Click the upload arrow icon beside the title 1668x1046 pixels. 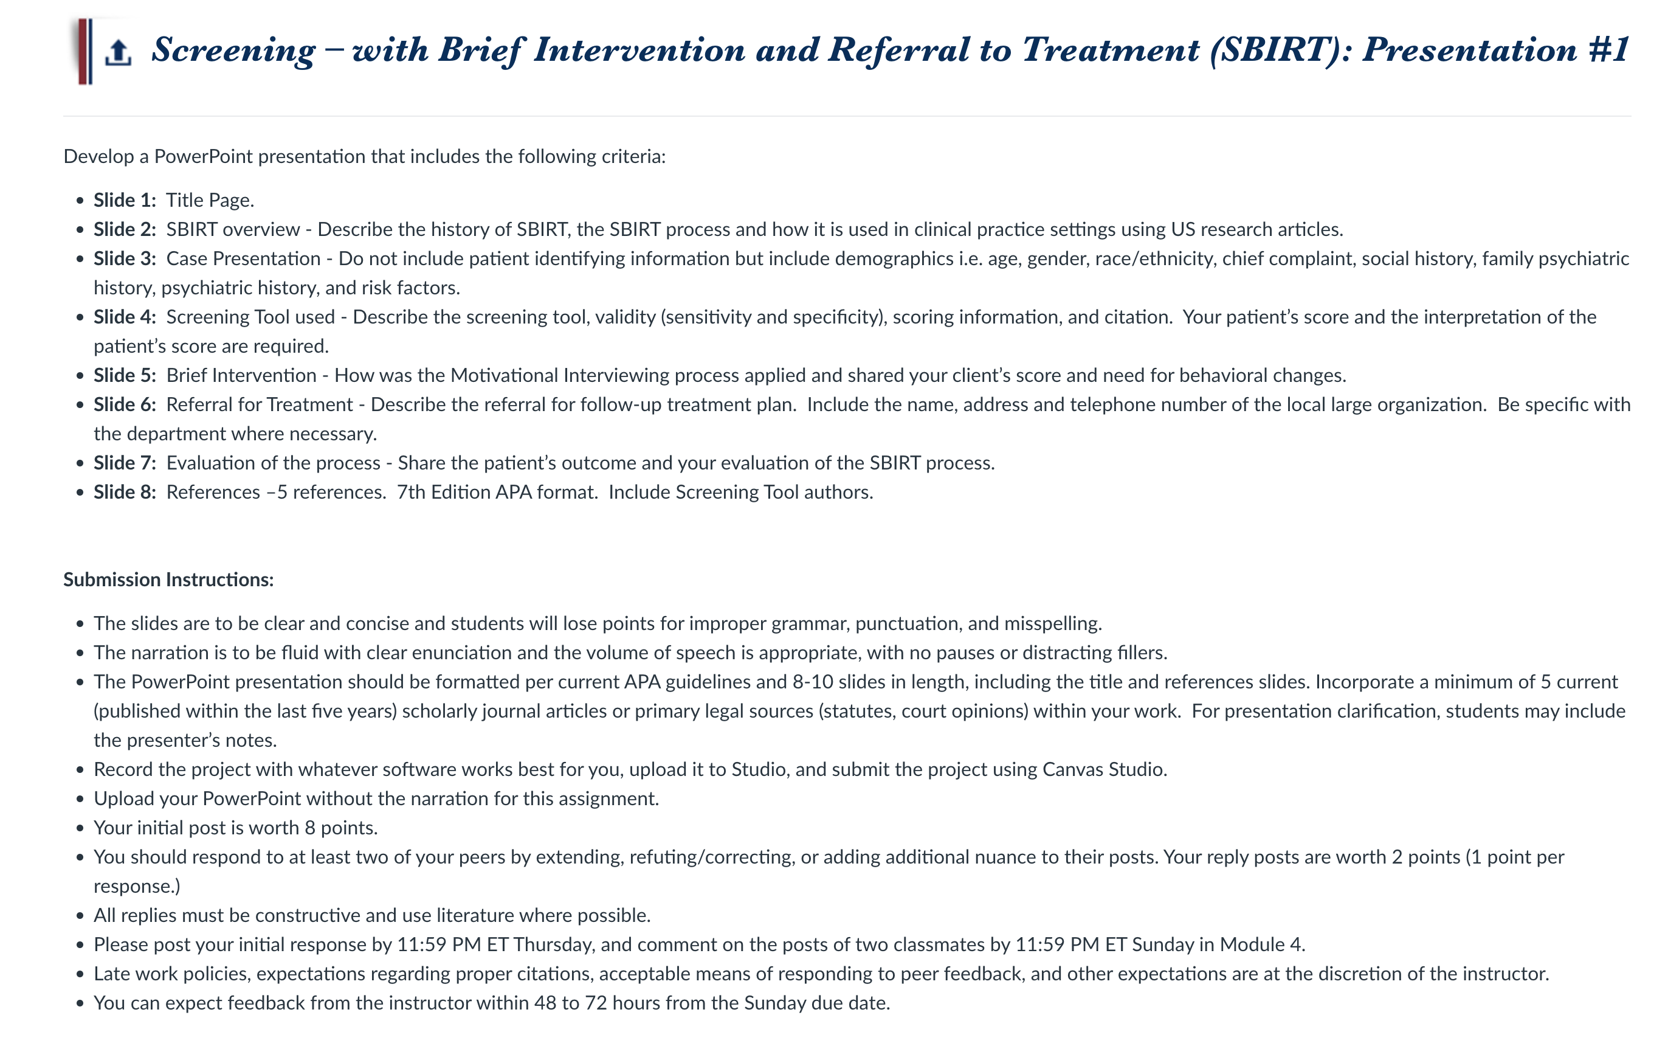coord(119,52)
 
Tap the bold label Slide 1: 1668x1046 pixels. coord(125,200)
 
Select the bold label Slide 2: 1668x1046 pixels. coord(125,229)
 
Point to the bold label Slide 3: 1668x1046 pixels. coord(125,258)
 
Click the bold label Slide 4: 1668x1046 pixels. coord(125,317)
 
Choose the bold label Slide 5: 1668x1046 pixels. coord(125,375)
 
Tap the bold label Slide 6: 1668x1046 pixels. coord(125,404)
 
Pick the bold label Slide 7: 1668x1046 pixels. coord(125,463)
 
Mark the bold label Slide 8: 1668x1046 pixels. coord(125,492)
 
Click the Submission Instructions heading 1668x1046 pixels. coord(169,580)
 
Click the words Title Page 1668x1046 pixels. coord(210,200)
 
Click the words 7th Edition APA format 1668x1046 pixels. coord(497,492)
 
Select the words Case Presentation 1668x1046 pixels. coord(243,258)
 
